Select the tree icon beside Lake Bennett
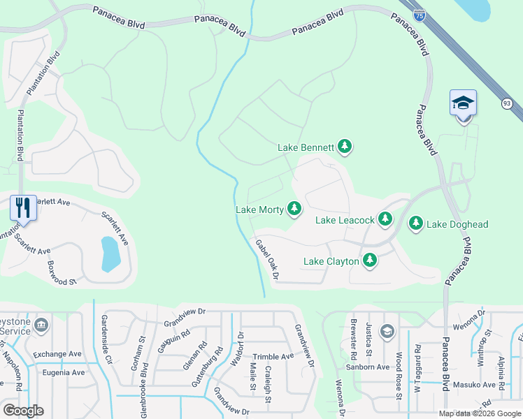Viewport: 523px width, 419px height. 344,147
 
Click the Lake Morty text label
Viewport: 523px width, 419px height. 259,209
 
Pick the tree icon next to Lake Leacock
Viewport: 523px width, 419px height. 385,219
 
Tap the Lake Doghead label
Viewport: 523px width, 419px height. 457,224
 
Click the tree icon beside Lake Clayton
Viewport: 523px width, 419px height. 369,261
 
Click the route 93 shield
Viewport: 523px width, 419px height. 506,103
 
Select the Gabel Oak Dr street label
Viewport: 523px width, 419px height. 267,260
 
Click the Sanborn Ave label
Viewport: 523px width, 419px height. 368,367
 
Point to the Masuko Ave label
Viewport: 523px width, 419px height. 474,385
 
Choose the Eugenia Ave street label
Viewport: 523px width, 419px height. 64,372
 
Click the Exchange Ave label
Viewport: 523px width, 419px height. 57,354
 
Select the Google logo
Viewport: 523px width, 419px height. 23,411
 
